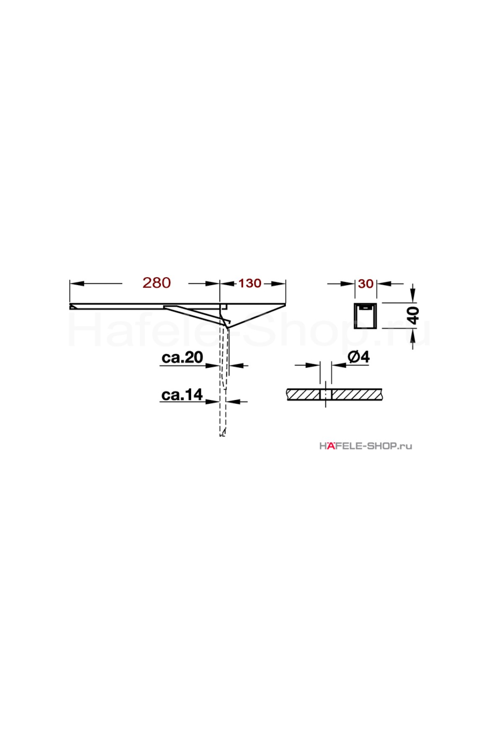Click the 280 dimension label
point(156,283)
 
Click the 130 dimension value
point(250,283)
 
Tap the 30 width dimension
point(366,284)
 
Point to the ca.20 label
point(182,357)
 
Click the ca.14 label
point(182,395)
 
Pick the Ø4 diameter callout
point(359,357)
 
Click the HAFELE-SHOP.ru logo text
point(366,446)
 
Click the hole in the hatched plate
point(326,395)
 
